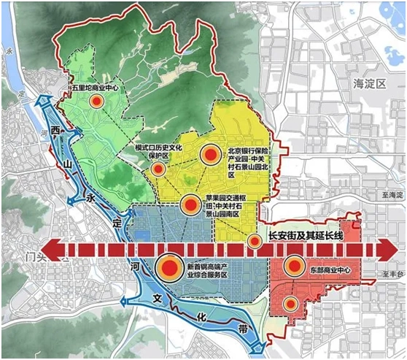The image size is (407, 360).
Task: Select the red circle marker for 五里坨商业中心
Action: [x=96, y=103]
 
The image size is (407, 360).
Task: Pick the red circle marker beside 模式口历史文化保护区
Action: [x=158, y=169]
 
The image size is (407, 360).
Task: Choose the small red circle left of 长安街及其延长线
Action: [x=255, y=242]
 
